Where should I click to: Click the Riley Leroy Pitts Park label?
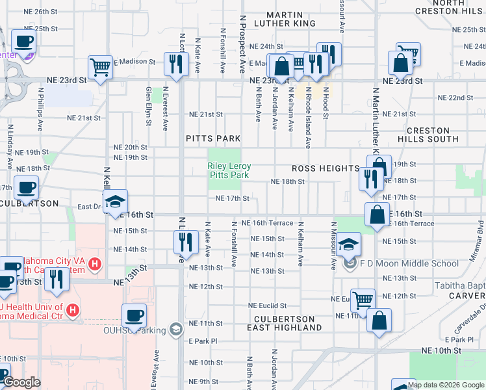tap(229, 171)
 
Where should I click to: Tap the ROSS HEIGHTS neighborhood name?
tap(326, 168)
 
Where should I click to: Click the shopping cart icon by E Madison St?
tap(100, 66)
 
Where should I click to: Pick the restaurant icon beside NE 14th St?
tap(186, 241)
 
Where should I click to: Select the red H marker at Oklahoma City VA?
tap(96, 264)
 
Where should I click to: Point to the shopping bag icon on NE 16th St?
tap(377, 214)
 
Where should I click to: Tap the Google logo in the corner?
tap(21, 383)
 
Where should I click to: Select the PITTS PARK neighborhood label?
tap(213, 138)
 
